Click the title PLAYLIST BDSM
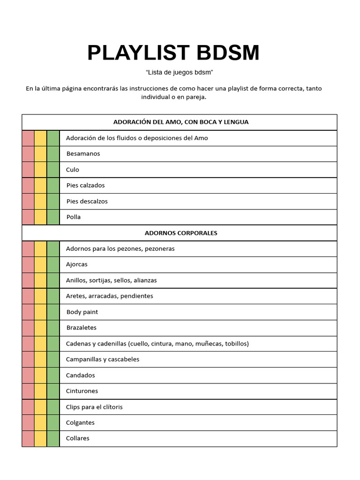[x=173, y=53]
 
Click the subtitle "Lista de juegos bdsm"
[x=180, y=73]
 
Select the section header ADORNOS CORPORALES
[x=181, y=233]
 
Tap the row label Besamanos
[x=83, y=154]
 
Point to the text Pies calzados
[x=85, y=185]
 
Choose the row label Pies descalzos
[x=87, y=201]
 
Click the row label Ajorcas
[x=77, y=264]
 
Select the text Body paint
[x=82, y=312]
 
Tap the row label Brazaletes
[x=81, y=328]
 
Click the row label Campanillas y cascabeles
[x=103, y=360]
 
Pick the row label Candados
[x=80, y=375]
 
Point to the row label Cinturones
[x=82, y=391]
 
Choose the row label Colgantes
[x=80, y=422]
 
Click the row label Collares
[x=78, y=438]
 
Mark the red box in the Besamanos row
[x=28, y=154]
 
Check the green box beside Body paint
[x=53, y=312]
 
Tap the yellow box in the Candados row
[x=41, y=375]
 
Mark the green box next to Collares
[x=53, y=438]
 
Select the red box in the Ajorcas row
[x=28, y=264]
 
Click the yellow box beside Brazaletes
[x=41, y=328]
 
